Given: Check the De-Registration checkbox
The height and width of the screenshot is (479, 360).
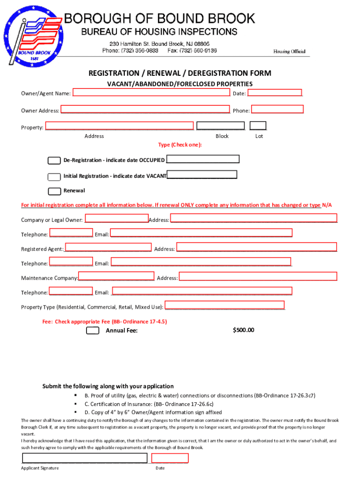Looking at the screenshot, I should [x=54, y=160].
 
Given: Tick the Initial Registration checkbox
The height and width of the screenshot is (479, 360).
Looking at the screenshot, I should [x=54, y=176].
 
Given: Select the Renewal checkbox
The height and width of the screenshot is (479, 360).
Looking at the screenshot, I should [x=54, y=191].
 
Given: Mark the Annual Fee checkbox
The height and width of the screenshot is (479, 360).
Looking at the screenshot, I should [x=93, y=331].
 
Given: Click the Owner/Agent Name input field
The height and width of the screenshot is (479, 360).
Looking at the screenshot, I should [x=151, y=93].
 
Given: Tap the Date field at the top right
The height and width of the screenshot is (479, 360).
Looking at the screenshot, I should [x=274, y=93].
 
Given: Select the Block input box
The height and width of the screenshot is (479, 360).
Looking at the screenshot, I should [x=221, y=125].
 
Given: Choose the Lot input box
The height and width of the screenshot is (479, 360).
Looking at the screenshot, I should [x=258, y=125].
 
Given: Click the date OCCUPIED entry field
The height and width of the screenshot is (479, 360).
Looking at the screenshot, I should [x=203, y=159].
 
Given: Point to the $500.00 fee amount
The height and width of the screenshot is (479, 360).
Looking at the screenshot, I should [x=244, y=330].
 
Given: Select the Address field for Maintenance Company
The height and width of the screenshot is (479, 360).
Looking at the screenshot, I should [x=258, y=276].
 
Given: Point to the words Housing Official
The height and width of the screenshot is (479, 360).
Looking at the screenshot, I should [x=289, y=51].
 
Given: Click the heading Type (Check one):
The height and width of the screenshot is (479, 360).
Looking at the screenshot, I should [x=180, y=145].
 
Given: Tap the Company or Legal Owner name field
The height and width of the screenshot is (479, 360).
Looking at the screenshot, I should [x=117, y=218].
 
